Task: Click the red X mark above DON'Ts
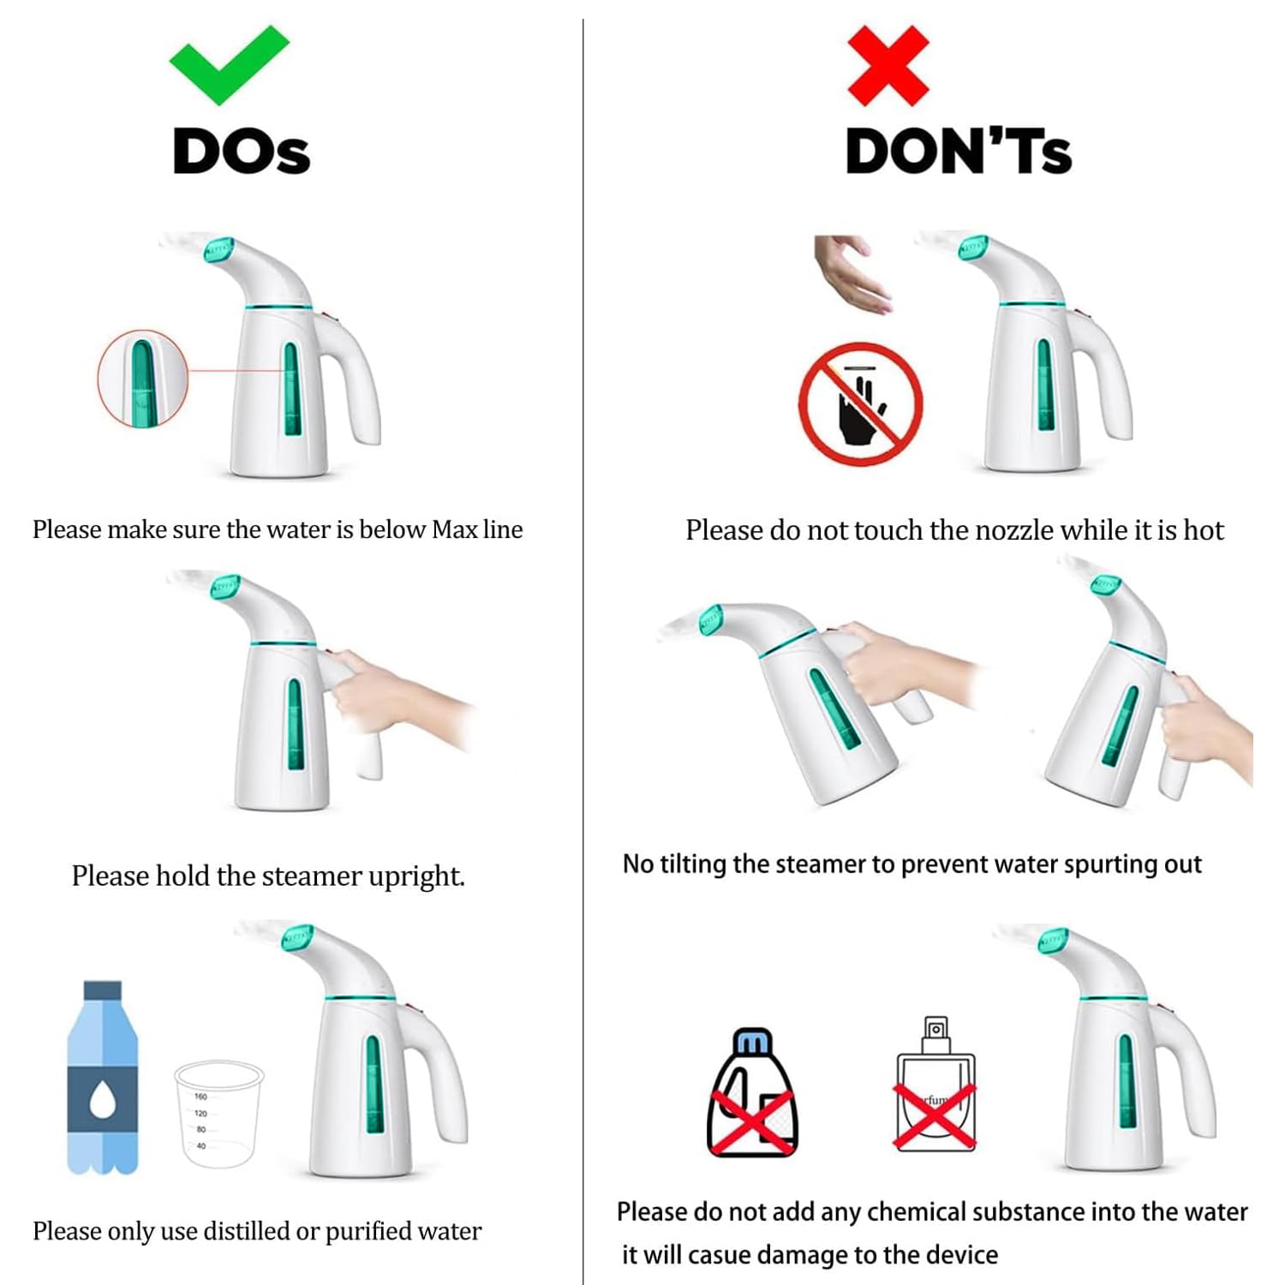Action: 888,66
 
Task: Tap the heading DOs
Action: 242,152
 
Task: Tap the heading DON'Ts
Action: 959,152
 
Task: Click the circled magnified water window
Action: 142,378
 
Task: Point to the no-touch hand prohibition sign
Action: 861,403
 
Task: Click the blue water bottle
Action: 103,1077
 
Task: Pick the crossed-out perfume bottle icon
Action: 935,1085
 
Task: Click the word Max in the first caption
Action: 454,529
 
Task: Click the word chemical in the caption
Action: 917,1212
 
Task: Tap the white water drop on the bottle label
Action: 103,1098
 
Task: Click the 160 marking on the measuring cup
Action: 200,1097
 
